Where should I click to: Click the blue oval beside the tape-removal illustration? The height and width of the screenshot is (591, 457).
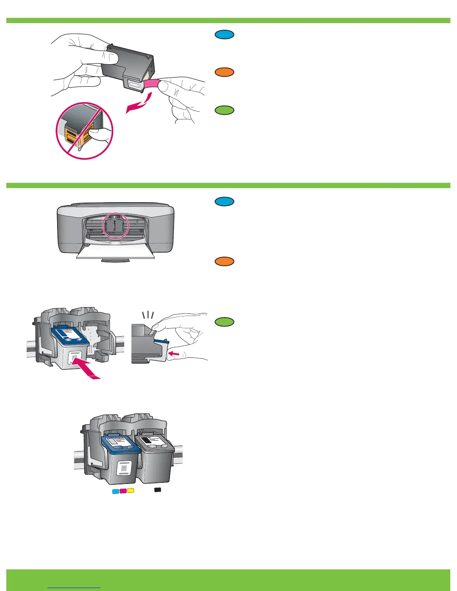tap(224, 35)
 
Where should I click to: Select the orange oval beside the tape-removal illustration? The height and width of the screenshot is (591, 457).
tap(224, 72)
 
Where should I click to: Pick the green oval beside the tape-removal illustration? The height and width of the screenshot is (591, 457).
tap(224, 110)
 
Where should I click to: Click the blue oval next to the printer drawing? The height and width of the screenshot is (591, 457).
tap(224, 201)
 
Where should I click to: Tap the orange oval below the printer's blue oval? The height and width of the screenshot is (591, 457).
tap(224, 262)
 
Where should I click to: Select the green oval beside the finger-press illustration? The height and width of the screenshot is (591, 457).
tap(224, 322)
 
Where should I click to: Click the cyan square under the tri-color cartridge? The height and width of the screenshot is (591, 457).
tap(116, 491)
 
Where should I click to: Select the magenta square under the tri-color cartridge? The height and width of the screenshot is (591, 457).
tap(123, 491)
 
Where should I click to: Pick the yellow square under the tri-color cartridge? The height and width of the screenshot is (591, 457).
tap(130, 490)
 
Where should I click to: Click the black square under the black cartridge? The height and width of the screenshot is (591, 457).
tap(158, 490)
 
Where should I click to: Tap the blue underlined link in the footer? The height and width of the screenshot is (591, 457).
tap(74, 587)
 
